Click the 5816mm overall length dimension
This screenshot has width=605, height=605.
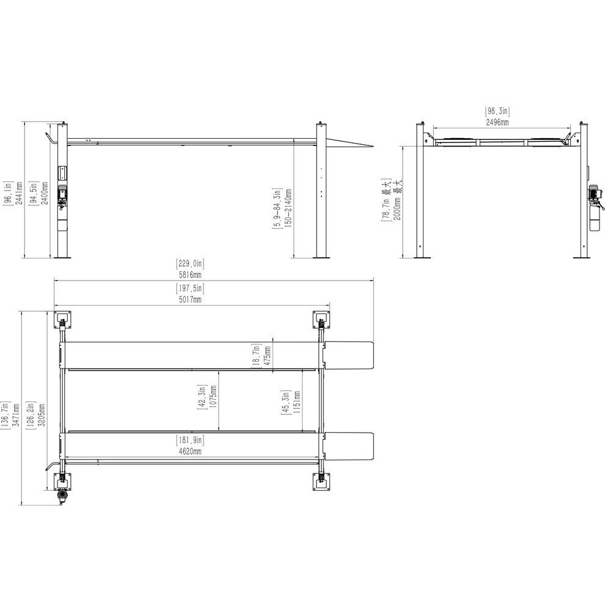tap(189, 275)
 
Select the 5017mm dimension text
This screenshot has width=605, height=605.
tap(189, 299)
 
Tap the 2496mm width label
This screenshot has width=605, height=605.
tap(497, 122)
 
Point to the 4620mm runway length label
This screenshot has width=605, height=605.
tap(189, 451)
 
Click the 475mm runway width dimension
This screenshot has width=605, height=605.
tap(268, 357)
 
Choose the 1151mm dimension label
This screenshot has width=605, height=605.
tap(297, 403)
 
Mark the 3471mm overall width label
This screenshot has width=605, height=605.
tap(16, 415)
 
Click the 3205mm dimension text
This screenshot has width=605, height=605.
tap(42, 415)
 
